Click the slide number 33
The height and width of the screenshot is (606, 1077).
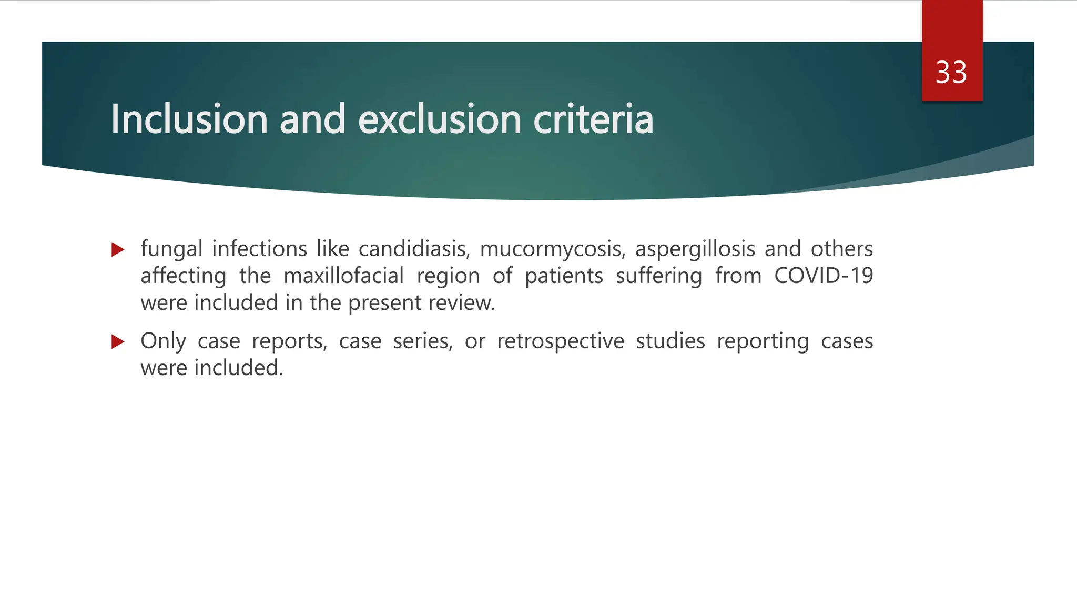click(951, 73)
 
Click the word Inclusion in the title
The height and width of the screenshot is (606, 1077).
click(189, 119)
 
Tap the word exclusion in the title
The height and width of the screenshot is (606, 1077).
click(440, 119)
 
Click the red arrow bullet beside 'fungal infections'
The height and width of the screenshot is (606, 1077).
click(118, 249)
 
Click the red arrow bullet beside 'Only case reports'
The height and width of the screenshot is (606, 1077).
click(118, 342)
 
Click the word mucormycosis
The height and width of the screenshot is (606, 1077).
click(553, 249)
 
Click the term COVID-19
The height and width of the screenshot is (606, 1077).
click(824, 276)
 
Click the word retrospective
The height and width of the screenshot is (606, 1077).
click(561, 341)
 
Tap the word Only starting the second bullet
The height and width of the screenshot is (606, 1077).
click(163, 341)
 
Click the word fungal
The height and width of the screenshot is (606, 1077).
click(171, 249)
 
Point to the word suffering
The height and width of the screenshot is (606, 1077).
click(658, 276)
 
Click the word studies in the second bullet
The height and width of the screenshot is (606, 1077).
click(670, 341)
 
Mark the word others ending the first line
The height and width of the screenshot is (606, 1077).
click(841, 249)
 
